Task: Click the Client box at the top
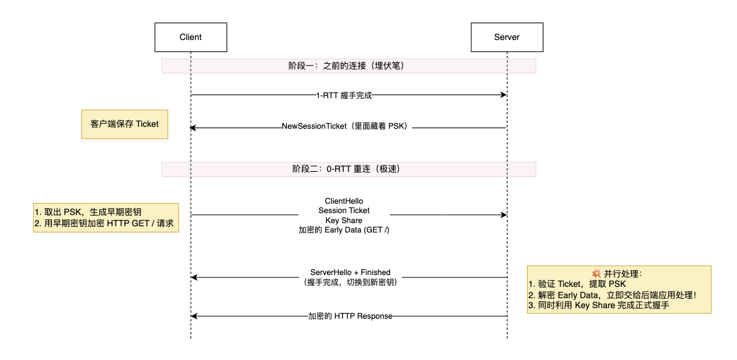[191, 37]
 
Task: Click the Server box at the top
[506, 37]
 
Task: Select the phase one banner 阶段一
[349, 66]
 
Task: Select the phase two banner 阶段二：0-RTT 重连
[349, 169]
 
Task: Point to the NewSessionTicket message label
[346, 127]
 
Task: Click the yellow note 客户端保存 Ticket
[124, 124]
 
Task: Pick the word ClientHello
[344, 201]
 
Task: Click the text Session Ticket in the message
[344, 211]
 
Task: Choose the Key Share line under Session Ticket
[344, 220]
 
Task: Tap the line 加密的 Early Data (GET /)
[344, 230]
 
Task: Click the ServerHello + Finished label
[350, 272]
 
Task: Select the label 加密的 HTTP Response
[350, 316]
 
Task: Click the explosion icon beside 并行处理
[596, 274]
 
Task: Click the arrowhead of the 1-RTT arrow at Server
[503, 95]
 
